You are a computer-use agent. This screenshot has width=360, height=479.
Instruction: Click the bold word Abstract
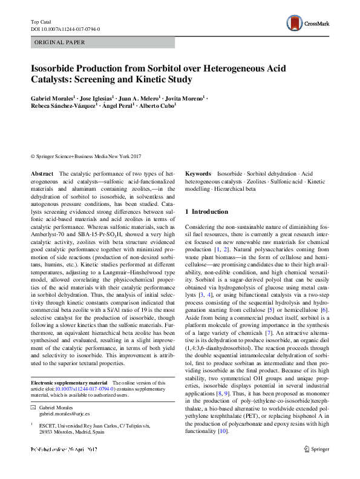coord(42,173)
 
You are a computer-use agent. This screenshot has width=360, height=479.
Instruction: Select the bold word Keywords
coord(198,173)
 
